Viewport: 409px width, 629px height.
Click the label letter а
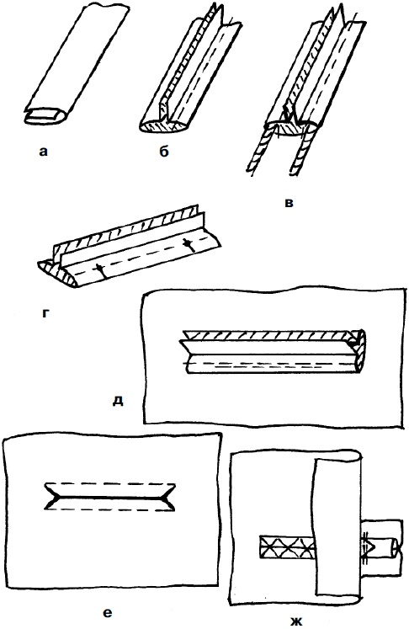tap(43, 152)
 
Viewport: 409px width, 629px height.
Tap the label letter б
tap(163, 152)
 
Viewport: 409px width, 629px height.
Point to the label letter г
tap(45, 313)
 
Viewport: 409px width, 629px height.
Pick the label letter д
tap(118, 400)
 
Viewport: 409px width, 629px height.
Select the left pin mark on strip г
tap(99, 271)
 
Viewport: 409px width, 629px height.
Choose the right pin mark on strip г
tap(189, 245)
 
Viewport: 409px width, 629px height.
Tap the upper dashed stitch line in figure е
tap(110, 482)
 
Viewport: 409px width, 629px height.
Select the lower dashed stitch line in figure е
tap(109, 510)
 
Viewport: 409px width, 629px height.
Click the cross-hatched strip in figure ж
tap(287, 546)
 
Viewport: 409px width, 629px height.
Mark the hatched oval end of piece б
tap(162, 126)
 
